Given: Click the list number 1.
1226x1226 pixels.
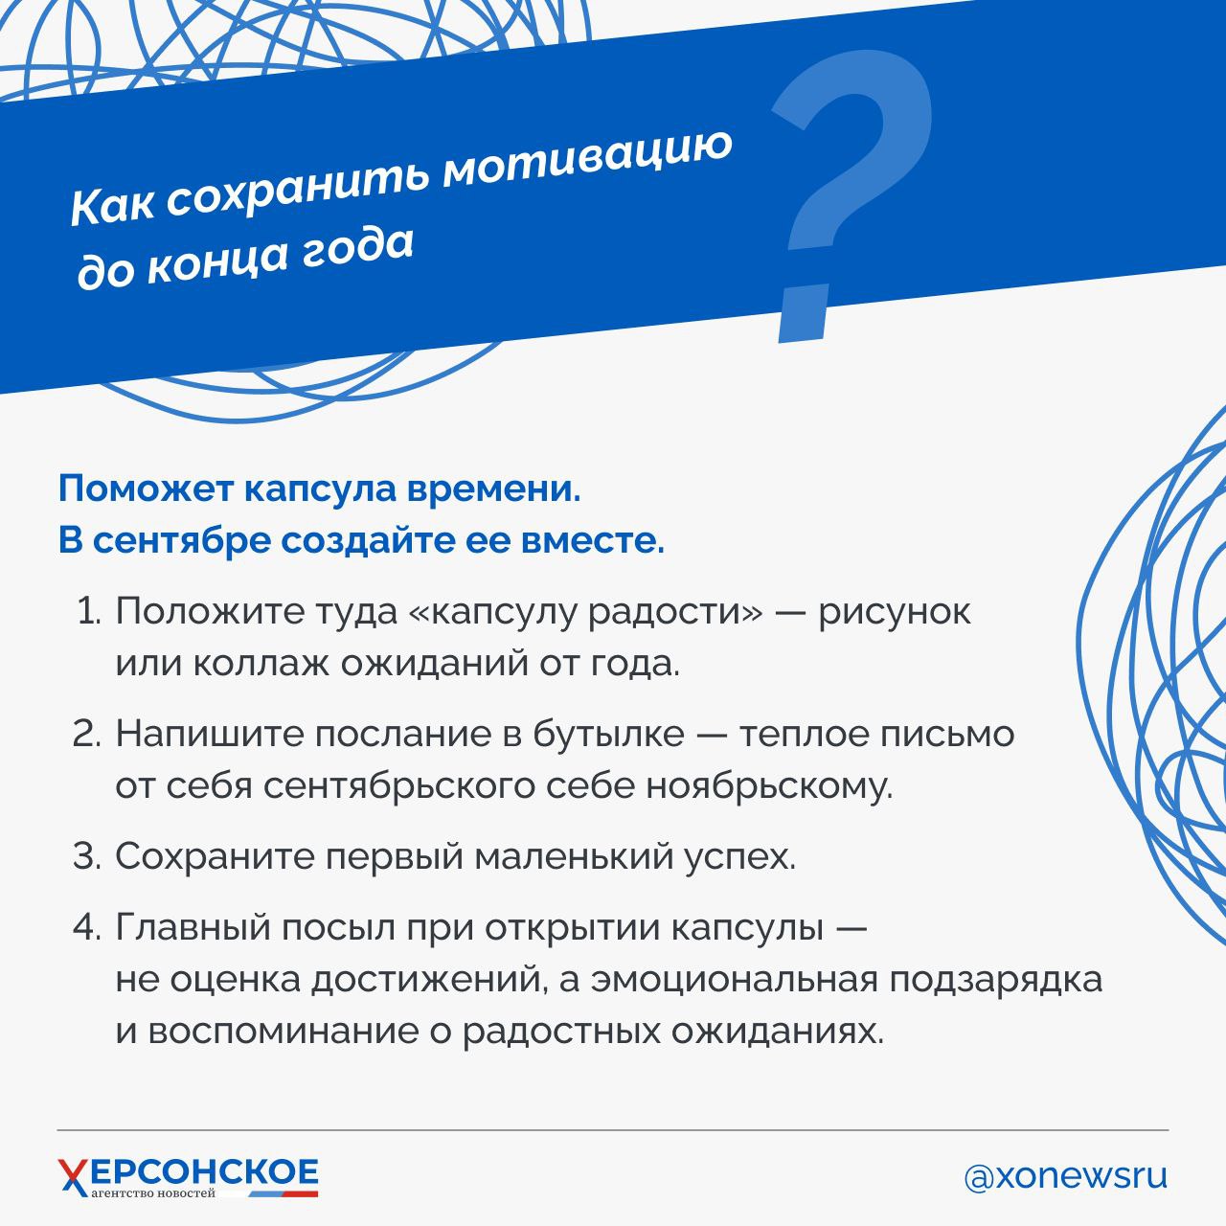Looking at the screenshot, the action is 89,613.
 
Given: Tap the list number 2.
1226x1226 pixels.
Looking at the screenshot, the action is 88,735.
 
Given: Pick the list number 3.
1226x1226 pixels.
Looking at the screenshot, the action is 88,855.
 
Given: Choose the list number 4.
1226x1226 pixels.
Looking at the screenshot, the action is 88,927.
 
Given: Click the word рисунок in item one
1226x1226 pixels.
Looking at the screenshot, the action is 894,613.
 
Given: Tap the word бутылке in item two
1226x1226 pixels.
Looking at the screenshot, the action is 609,735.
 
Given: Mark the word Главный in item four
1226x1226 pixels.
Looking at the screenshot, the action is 193,927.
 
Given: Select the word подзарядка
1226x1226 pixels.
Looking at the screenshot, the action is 996,981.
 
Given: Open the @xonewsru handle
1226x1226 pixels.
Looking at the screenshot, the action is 1066,1177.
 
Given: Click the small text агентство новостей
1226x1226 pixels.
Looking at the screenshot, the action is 153,1192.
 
